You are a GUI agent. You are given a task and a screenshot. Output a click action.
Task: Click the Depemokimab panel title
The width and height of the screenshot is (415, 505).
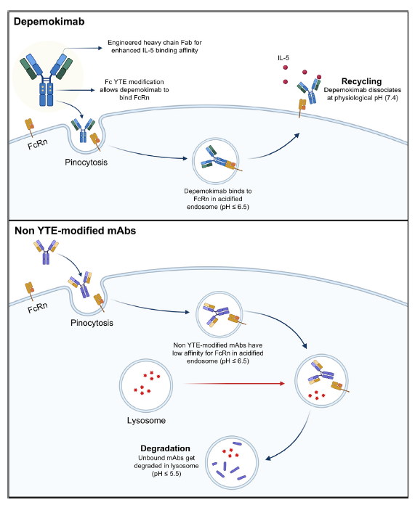click(49, 22)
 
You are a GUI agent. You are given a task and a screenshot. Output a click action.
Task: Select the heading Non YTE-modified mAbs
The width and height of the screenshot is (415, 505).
click(75, 231)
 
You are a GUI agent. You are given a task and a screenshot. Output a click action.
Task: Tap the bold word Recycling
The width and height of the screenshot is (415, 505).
click(361, 81)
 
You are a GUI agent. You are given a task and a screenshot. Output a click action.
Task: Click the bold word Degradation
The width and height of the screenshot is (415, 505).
click(165, 448)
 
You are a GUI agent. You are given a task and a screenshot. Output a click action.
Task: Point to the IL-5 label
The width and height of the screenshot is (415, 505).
click(283, 58)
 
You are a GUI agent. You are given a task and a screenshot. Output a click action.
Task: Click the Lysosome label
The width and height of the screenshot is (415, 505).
click(146, 421)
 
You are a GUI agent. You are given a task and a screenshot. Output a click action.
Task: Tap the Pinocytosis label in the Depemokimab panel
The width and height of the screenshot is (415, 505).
click(86, 162)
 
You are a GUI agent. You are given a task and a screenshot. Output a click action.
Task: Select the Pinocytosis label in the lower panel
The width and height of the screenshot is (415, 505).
click(92, 323)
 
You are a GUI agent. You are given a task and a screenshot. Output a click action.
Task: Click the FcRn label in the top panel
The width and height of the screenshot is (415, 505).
click(38, 144)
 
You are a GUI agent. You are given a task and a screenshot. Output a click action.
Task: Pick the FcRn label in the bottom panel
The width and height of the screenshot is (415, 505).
click(38, 308)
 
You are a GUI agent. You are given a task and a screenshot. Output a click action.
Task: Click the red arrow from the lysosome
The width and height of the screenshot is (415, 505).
click(234, 384)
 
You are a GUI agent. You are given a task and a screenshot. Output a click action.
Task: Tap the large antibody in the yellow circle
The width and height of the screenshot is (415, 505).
click(46, 79)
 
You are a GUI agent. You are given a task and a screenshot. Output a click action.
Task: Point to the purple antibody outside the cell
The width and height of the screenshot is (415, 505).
click(47, 251)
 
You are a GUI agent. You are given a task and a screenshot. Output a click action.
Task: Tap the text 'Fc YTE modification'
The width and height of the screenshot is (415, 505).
click(134, 82)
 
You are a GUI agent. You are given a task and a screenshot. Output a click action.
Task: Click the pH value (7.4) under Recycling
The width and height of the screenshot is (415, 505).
click(391, 98)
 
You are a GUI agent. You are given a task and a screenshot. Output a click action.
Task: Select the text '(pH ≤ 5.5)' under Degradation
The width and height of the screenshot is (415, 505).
click(166, 474)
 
